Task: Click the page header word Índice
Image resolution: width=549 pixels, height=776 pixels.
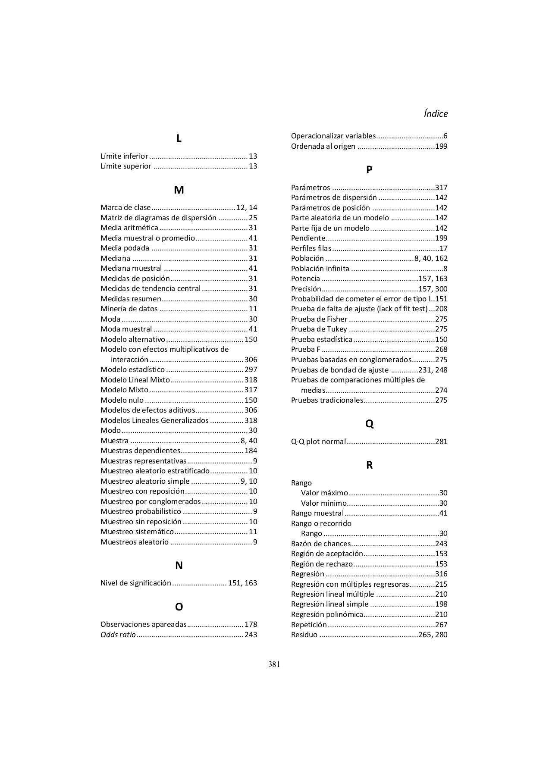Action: coord(436,114)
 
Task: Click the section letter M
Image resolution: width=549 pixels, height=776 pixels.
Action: coord(179,190)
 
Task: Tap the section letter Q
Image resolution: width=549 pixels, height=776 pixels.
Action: coord(369,424)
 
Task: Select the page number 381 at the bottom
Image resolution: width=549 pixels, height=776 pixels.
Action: coord(274,664)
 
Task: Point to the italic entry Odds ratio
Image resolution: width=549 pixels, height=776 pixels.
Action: coord(118,635)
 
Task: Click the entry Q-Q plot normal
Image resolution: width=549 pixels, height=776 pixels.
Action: coord(318,441)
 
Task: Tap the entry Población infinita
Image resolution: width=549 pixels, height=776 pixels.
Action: coord(320,269)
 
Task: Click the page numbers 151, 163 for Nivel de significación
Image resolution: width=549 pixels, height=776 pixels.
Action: coord(242,583)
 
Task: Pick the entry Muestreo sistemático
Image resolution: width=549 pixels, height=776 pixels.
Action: coord(137,532)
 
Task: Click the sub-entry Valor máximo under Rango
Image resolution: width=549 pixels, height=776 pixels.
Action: coord(324,493)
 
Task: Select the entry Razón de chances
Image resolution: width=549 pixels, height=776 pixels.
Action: coord(320,544)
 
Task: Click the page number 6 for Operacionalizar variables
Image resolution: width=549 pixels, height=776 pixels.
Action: coord(445,136)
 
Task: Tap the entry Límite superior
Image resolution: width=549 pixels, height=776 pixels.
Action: coord(126,166)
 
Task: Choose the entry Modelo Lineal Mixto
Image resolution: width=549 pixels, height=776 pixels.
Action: coord(135,380)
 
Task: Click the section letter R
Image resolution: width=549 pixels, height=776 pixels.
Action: coord(369,465)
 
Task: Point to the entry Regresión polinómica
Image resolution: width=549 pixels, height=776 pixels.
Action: coord(326,614)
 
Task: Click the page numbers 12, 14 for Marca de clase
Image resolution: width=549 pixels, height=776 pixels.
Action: coord(247,207)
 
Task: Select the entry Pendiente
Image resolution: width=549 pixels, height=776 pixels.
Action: coord(308,238)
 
